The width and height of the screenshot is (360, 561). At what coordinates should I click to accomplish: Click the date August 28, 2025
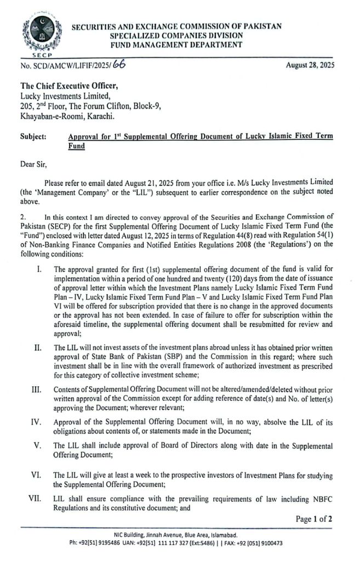click(310, 65)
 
